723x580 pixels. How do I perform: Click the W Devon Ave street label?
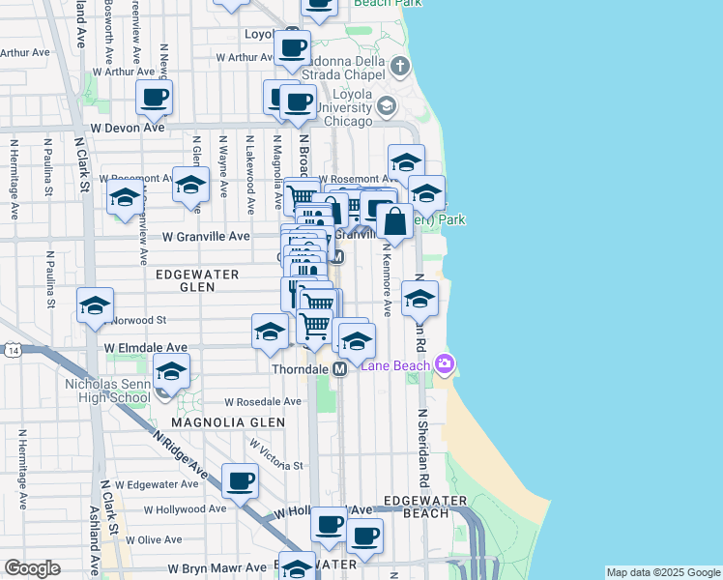tap(128, 127)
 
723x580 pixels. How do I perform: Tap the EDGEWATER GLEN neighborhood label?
tap(197, 280)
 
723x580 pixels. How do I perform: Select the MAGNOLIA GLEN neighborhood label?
tap(228, 422)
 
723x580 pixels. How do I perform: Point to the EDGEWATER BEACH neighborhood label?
tap(424, 507)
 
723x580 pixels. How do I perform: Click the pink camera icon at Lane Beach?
tap(445, 364)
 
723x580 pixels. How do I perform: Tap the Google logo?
tap(32, 568)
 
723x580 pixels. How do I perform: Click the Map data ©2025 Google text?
tap(663, 572)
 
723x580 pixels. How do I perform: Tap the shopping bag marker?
tap(394, 222)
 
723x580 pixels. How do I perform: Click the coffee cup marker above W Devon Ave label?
tap(154, 97)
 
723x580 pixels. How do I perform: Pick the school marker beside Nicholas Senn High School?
tap(171, 371)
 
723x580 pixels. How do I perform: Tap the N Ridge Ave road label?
tap(181, 454)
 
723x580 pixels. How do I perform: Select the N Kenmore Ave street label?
tap(387, 285)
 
